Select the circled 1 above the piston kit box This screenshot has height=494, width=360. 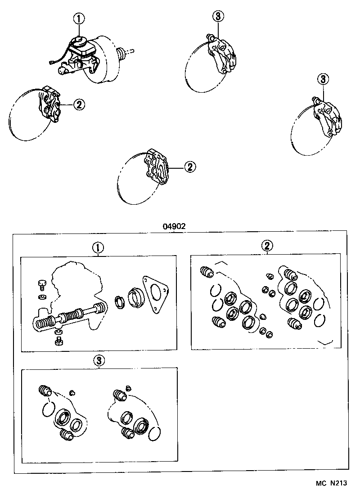click(98, 247)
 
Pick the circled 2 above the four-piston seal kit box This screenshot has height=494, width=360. click(267, 245)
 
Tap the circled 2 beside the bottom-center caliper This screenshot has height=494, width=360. click(190, 167)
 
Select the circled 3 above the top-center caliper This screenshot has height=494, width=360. click(218, 16)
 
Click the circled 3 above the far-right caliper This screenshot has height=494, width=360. click(323, 80)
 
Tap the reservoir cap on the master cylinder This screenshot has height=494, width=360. click(78, 43)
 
